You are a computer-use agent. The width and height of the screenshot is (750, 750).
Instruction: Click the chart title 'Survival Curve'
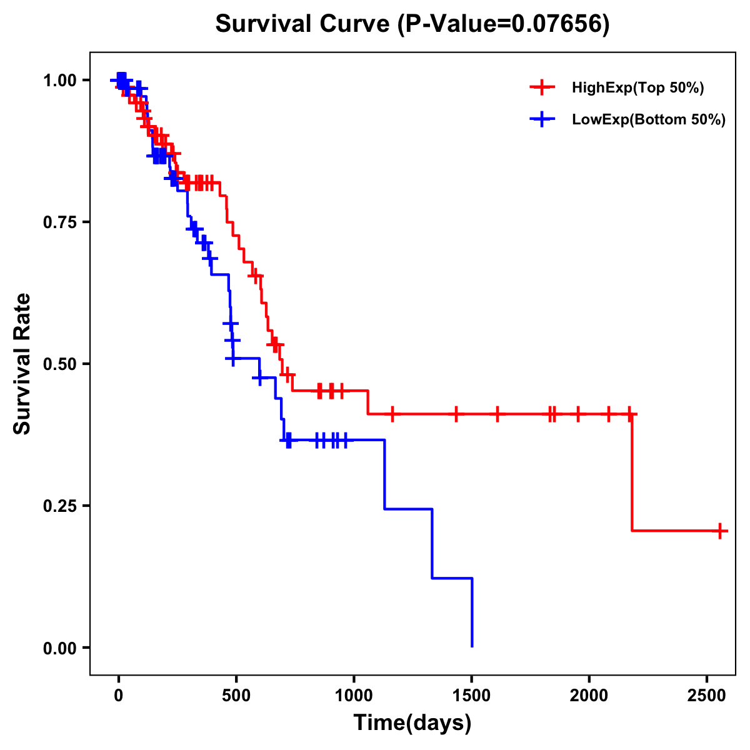click(302, 24)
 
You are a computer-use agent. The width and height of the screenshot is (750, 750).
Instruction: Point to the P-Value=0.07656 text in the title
click(504, 24)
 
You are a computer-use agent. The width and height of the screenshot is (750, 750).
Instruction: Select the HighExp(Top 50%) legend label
click(637, 88)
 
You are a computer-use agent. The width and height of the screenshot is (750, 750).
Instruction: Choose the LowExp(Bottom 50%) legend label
click(648, 120)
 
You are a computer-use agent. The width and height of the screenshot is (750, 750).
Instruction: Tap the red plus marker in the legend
click(542, 88)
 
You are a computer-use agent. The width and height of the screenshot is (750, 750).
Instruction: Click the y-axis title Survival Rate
click(22, 363)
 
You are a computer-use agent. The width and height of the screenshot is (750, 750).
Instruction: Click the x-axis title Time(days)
click(412, 723)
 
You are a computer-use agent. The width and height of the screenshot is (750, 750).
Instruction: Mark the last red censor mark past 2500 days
click(720, 531)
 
